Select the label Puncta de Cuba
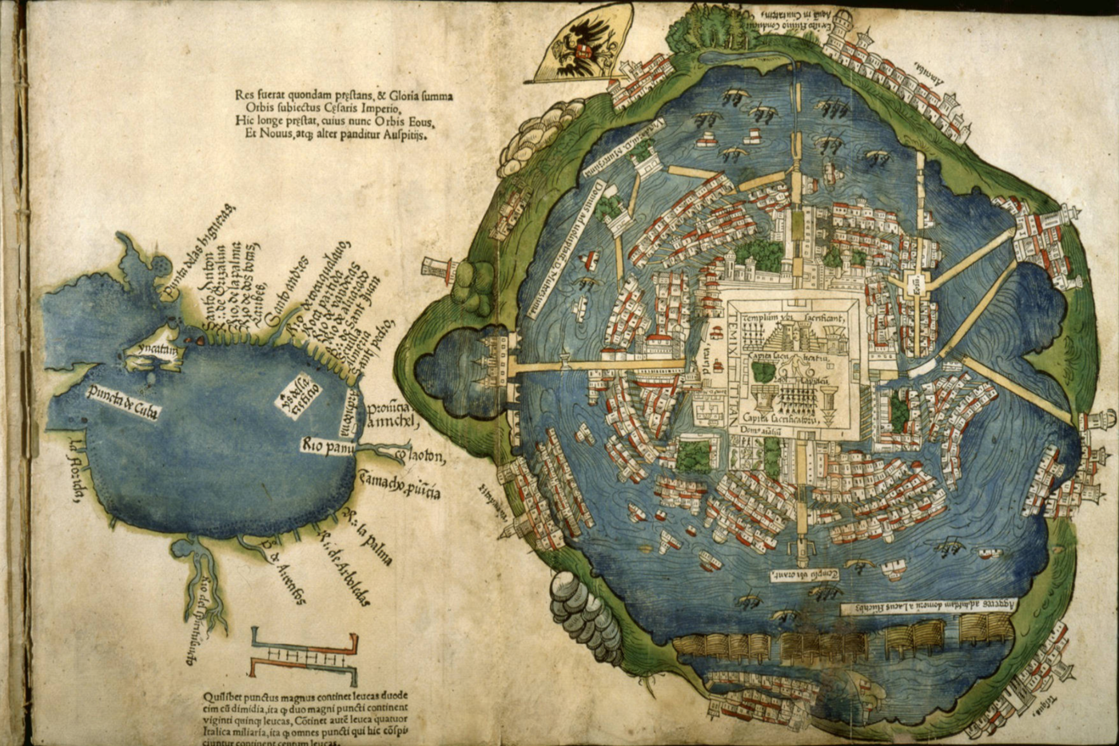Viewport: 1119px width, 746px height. pos(122,402)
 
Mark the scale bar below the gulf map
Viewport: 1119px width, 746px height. pos(304,653)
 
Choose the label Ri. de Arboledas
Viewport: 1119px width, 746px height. pos(348,568)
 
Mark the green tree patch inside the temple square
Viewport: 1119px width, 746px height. pos(764,372)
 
